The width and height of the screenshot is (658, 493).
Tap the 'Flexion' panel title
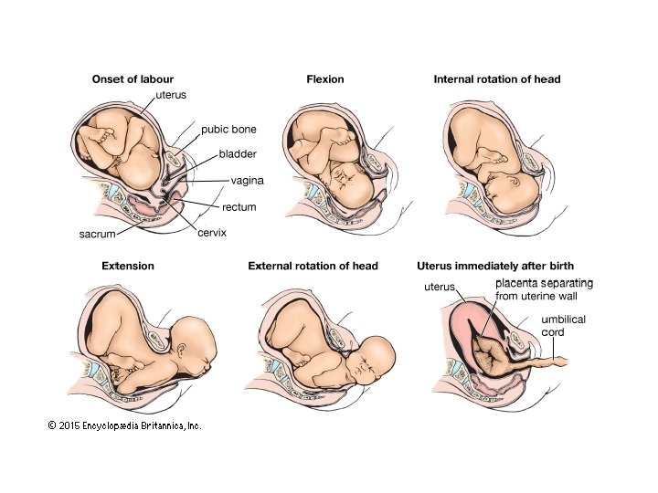pyautogui.click(x=325, y=79)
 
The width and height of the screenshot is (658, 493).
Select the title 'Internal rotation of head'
pyautogui.click(x=497, y=79)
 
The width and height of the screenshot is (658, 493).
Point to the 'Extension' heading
pyautogui.click(x=128, y=266)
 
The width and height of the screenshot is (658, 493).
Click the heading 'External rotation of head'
pyautogui.click(x=313, y=266)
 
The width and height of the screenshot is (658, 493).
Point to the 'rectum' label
pyautogui.click(x=239, y=207)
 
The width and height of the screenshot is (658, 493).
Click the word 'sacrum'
pyautogui.click(x=97, y=235)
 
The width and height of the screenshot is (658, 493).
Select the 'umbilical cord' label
pyautogui.click(x=564, y=326)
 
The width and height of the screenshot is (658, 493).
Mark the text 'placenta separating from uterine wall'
pyautogui.click(x=548, y=290)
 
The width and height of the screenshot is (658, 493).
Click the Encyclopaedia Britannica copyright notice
pyautogui.click(x=124, y=425)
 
